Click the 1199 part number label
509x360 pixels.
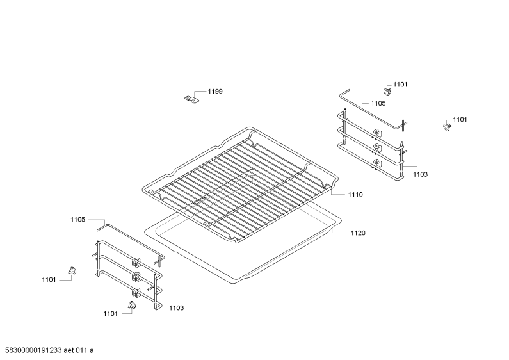coord(215,92)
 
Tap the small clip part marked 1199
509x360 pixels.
coord(191,99)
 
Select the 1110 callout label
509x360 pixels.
coord(355,195)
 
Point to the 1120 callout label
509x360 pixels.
coord(358,233)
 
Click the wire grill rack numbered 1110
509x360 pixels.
coord(240,185)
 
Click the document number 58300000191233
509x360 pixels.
coord(31,350)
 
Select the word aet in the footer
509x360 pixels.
coord(69,350)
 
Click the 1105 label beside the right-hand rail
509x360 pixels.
coord(378,103)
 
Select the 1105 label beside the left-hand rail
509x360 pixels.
coord(78,220)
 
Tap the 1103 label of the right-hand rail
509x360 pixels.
coord(421,174)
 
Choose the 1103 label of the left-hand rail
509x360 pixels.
coord(177,308)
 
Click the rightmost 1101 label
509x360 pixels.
coord(460,120)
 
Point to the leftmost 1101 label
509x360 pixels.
coord(49,280)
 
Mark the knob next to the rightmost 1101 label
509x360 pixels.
coord(448,127)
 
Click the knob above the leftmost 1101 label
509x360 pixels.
coord(72,271)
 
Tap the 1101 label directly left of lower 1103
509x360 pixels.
coord(110,313)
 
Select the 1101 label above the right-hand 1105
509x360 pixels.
coord(400,85)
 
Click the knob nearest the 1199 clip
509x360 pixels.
coord(387,92)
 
